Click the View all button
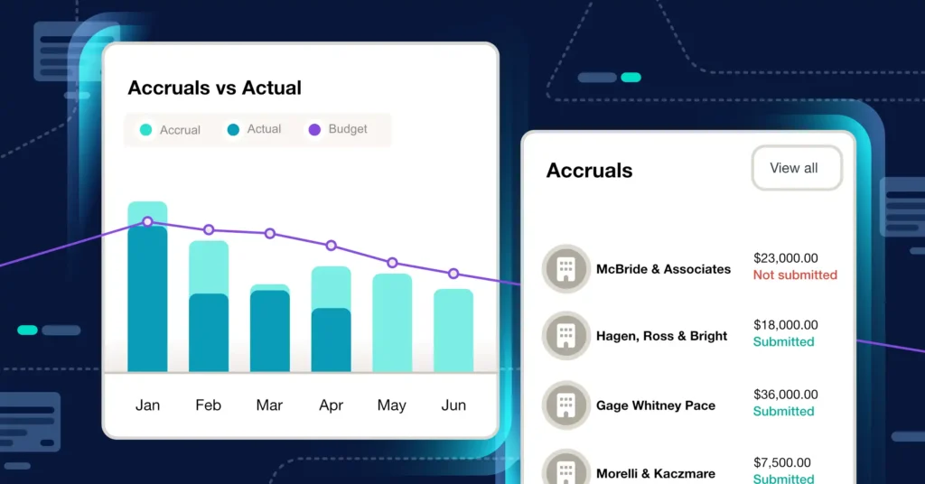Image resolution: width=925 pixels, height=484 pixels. [x=794, y=168]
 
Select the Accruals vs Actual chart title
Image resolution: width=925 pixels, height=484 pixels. [x=214, y=88]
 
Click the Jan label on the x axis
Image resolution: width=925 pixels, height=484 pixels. [x=147, y=405]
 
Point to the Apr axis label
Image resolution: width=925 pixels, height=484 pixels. [x=331, y=405]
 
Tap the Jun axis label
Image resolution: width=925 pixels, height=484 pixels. [x=453, y=405]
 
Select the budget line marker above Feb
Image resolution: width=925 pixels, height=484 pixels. [x=209, y=230]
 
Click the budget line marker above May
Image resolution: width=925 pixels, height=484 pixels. [x=392, y=263]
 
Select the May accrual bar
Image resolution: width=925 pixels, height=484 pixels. [x=392, y=321]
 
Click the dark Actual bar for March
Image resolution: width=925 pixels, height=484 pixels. [x=269, y=330]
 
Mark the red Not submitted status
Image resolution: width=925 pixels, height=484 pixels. [x=795, y=275]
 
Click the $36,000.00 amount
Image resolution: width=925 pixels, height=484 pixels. [x=785, y=395]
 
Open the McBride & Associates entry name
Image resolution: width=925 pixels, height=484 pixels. [x=663, y=269]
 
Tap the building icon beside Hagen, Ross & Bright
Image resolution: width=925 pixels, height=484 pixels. [x=566, y=336]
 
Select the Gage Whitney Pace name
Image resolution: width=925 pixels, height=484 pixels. [x=655, y=405]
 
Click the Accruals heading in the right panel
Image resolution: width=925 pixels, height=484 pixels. [x=589, y=171]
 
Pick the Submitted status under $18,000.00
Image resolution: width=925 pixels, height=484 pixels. [x=783, y=341]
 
